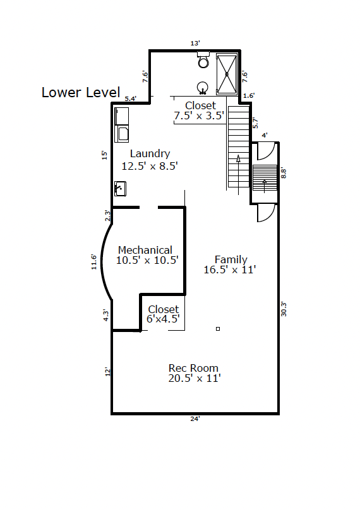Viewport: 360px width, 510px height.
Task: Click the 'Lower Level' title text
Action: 81,92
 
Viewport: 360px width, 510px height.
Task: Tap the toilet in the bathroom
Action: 203,59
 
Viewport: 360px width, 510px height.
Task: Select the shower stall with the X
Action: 227,74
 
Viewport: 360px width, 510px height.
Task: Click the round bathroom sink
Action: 203,88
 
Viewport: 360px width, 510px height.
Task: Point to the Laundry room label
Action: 150,160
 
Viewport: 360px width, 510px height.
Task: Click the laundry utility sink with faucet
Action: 120,189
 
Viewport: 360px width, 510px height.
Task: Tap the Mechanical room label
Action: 147,255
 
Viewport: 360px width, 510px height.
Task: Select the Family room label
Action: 230,264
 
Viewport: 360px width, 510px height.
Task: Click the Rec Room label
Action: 195,373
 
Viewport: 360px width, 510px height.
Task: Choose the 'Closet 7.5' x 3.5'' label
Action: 199,110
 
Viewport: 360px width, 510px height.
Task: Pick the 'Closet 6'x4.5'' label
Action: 163,314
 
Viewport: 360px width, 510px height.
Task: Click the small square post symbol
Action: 218,329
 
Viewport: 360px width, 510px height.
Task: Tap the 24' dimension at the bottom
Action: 195,419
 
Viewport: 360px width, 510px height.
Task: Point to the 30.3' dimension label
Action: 284,309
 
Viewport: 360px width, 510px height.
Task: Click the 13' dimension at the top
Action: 195,44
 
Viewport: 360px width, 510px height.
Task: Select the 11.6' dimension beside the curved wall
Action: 93,262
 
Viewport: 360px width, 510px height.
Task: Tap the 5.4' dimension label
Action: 131,98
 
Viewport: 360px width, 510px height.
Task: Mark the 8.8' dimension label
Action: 284,173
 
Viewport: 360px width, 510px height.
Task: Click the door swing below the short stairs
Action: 267,213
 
